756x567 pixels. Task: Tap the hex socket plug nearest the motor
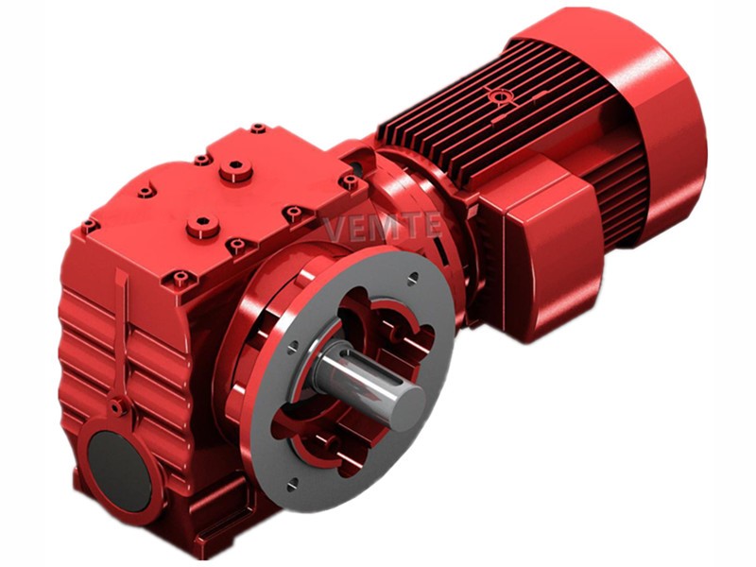pyautogui.click(x=235, y=169)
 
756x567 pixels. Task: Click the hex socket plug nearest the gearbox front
pyautogui.click(x=203, y=226)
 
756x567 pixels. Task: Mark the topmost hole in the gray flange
pyautogui.click(x=413, y=278)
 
